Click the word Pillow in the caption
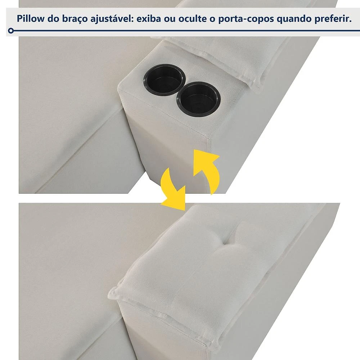click(x=31, y=18)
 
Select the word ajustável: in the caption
click(x=112, y=19)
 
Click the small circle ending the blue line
click(x=10, y=31)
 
